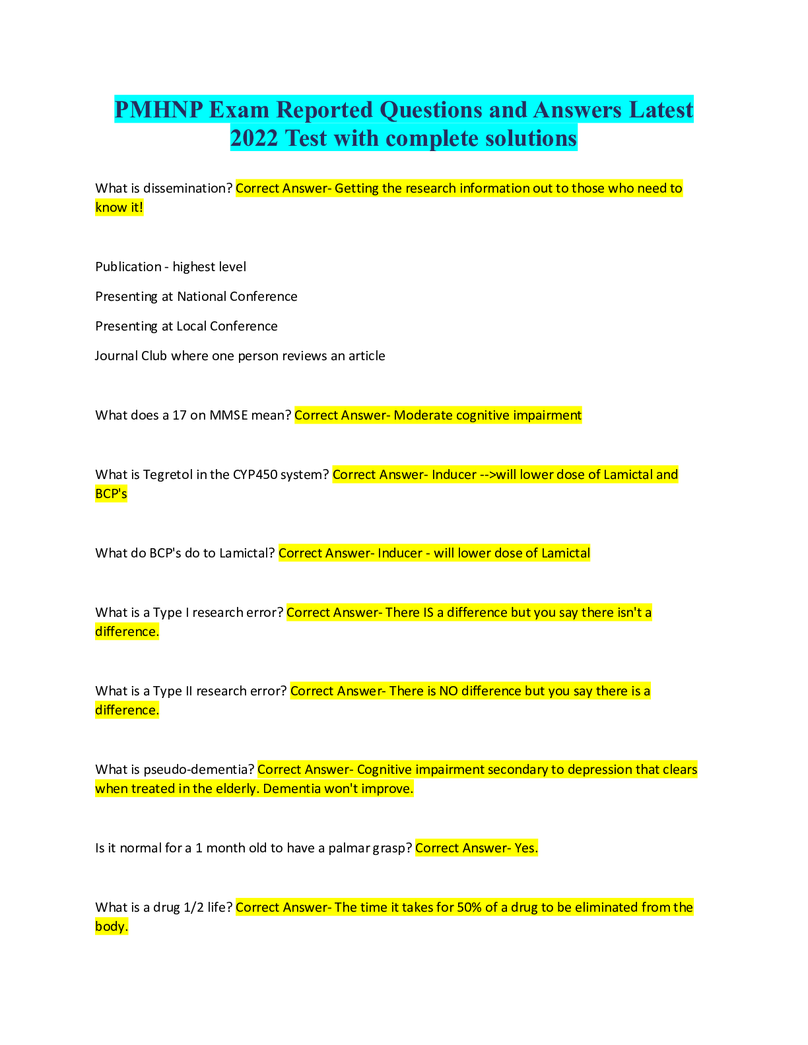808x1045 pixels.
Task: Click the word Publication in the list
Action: pyautogui.click(x=128, y=267)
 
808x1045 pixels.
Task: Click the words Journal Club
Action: pyautogui.click(x=131, y=356)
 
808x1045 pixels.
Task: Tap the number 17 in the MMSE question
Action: pyautogui.click(x=179, y=416)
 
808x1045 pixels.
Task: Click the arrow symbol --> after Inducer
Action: pyautogui.click(x=488, y=475)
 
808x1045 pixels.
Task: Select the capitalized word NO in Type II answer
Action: pyautogui.click(x=448, y=691)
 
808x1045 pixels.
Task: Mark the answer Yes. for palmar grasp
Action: pyautogui.click(x=526, y=848)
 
